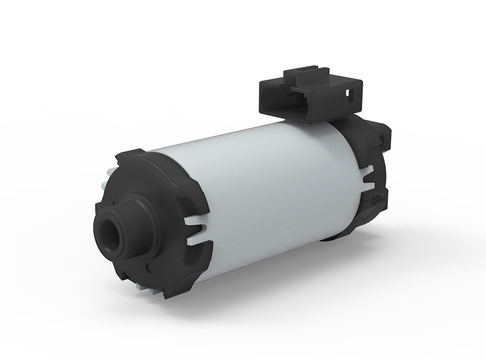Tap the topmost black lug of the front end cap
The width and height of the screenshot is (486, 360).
click(131, 154)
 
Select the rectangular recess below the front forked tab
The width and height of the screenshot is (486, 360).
click(194, 253)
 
